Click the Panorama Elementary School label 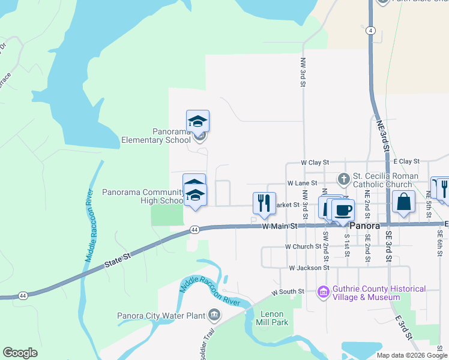[x=148, y=136]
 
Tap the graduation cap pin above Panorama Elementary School [x=197, y=121]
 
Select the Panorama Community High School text [x=143, y=197]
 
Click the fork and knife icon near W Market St [x=264, y=203]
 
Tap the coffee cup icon [x=343, y=211]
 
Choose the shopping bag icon [x=404, y=202]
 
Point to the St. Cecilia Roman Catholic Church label [x=382, y=180]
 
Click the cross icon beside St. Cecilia [x=343, y=178]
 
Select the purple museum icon [x=324, y=292]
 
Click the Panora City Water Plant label [x=162, y=316]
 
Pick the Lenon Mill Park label [x=274, y=318]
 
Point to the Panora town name [x=364, y=226]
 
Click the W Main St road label [x=280, y=226]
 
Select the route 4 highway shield [x=372, y=30]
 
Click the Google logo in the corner [x=20, y=353]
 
